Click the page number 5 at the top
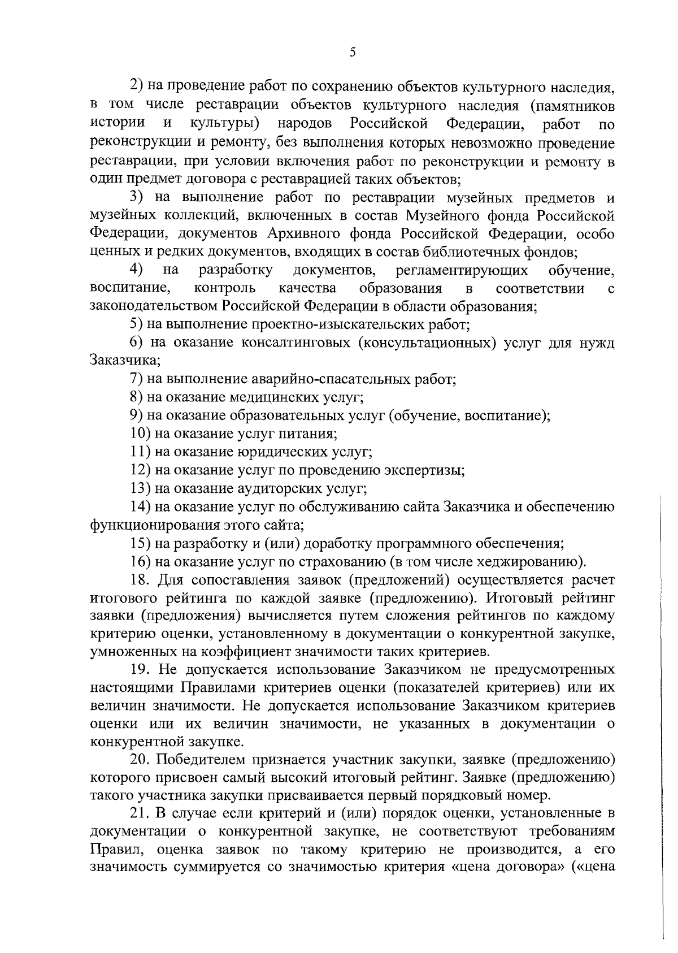point(353,53)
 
